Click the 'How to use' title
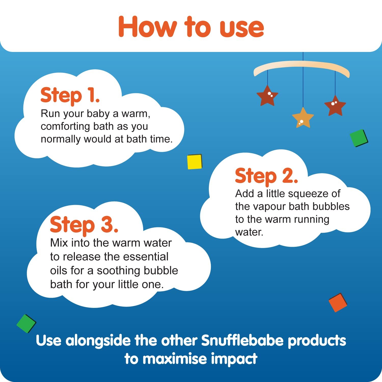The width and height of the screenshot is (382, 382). (191, 27)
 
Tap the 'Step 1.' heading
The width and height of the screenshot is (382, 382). (70, 96)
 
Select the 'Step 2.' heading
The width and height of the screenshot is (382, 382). (266, 176)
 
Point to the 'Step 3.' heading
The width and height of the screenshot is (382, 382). (84, 225)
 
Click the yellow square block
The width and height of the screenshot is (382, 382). (195, 162)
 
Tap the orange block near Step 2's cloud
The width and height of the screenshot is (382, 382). (338, 303)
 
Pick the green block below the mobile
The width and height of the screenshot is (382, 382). (359, 138)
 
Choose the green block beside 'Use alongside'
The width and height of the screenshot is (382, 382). (26, 324)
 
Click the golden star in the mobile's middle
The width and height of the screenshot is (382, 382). (303, 118)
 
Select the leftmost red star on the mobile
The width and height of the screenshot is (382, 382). (267, 96)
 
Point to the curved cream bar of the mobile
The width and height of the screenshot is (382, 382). (302, 65)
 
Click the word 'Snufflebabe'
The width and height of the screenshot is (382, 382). (242, 340)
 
